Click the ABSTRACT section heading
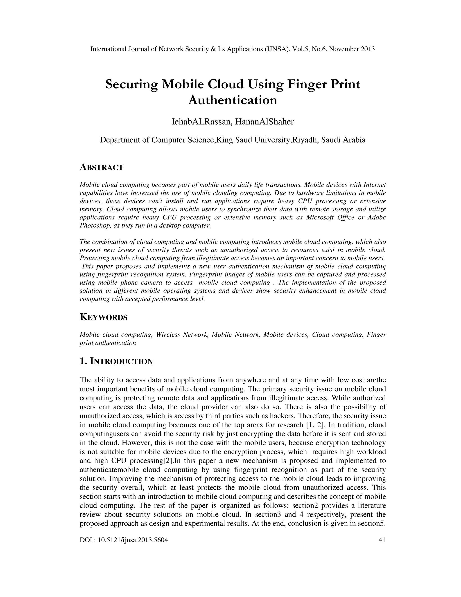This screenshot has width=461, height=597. click(x=101, y=167)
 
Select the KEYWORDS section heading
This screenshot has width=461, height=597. click(x=104, y=317)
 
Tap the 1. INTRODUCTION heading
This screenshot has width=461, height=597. click(x=116, y=361)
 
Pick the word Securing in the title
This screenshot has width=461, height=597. click(x=132, y=84)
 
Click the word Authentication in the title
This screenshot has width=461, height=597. click(x=232, y=100)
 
